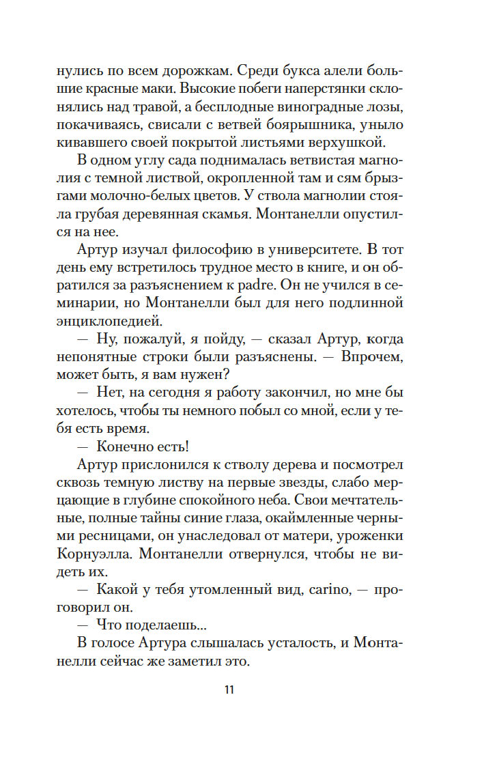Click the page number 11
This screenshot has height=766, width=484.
(229, 689)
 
